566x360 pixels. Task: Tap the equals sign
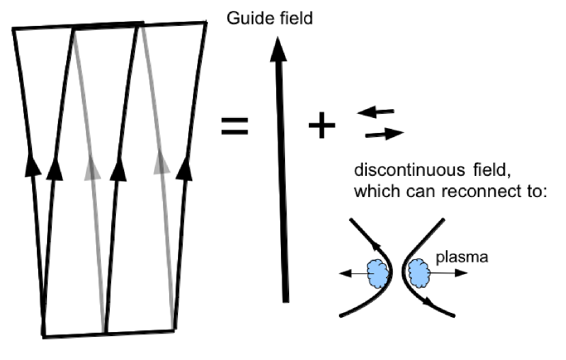coord(235,126)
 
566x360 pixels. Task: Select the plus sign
coord(322,126)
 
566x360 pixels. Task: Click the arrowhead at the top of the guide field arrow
coord(276,48)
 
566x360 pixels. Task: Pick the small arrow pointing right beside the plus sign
coord(384,134)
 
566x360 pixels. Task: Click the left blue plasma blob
coord(377,273)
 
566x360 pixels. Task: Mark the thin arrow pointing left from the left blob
coord(351,273)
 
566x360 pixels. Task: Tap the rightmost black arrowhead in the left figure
coord(183,167)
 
